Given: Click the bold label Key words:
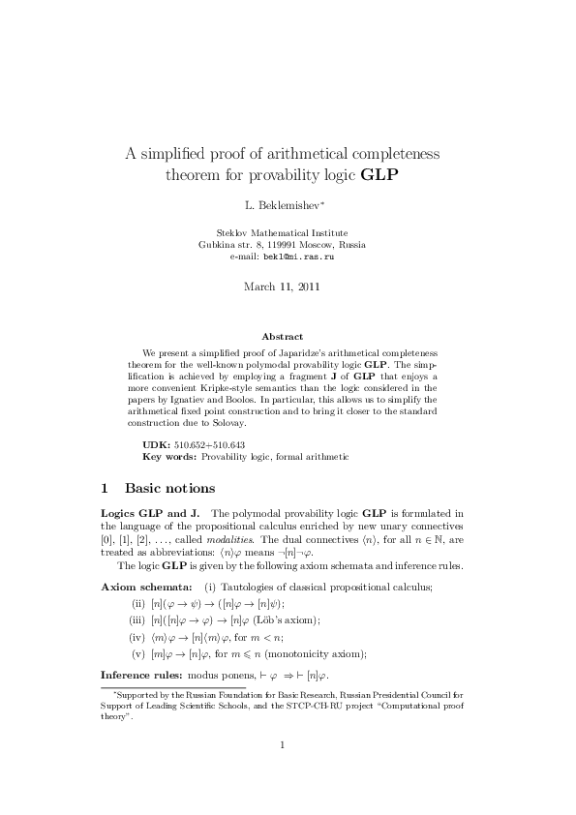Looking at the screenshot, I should pyautogui.click(x=169, y=454).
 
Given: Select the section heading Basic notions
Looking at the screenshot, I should pyautogui.click(x=169, y=488).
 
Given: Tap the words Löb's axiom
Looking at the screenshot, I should pyautogui.click(x=289, y=620).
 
